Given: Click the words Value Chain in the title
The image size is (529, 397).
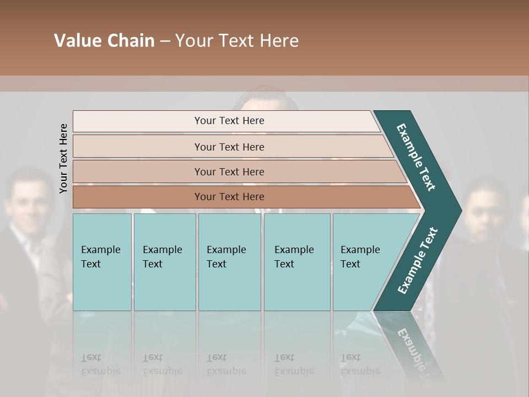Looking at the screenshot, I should coord(104,41).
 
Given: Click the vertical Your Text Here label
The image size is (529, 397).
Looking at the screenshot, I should coord(63,158).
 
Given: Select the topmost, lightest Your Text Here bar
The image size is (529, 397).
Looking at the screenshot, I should coord(229,121).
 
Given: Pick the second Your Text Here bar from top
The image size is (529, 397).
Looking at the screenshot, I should coord(229,147).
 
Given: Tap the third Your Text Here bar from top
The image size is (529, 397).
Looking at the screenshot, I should coord(229,171).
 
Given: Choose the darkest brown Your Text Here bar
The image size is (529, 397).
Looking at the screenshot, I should coord(229,197).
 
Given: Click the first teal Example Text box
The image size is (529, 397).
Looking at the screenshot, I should coord(102,262).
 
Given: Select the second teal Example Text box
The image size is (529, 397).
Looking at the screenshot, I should coord(164,262).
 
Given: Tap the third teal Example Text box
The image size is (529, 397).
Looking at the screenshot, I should coord(229,262).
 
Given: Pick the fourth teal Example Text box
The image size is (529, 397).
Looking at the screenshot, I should coord(296,262).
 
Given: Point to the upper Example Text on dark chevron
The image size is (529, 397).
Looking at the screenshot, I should coord(416,157).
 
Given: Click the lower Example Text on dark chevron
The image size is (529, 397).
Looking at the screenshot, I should coord(418,260).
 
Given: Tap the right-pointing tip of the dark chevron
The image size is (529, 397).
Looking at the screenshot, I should coord(458,211).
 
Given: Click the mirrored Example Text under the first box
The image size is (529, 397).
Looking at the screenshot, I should coord(101,364).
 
